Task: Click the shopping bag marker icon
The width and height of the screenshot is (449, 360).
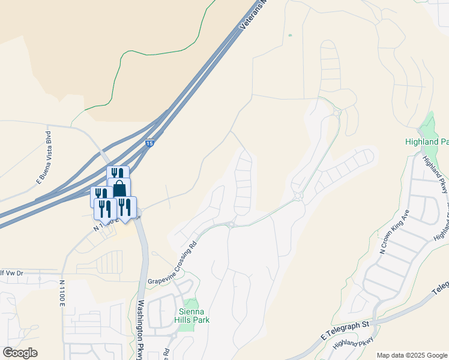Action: (119, 188)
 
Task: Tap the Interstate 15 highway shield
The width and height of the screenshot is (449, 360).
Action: (149, 143)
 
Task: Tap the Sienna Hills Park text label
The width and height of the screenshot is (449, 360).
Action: (193, 315)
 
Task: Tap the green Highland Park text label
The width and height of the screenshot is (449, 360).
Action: (426, 142)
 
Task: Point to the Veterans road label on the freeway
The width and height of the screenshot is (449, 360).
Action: (252, 16)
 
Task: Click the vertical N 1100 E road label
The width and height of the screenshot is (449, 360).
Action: (62, 294)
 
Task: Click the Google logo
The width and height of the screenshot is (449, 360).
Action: (20, 352)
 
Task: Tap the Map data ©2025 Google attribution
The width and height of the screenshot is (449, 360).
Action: (411, 355)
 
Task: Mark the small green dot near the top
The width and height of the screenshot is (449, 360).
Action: (290, 35)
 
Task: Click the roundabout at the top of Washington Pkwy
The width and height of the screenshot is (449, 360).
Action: (137, 217)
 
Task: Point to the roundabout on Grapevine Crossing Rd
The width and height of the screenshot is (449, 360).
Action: (231, 225)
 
